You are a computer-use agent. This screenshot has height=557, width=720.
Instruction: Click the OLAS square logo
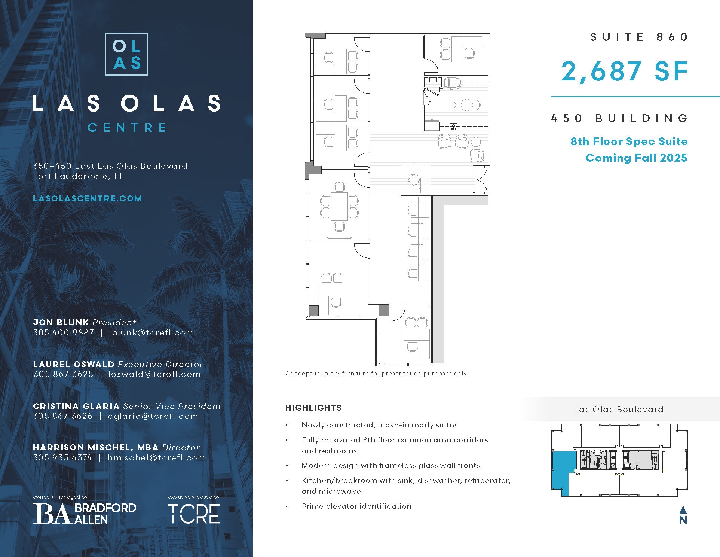point(126,54)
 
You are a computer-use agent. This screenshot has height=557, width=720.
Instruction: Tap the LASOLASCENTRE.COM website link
point(88,198)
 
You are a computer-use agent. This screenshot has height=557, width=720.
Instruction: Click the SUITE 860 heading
point(639,37)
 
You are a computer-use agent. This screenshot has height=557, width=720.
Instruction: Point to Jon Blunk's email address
point(151,332)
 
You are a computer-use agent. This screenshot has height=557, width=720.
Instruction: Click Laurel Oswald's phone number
point(63,374)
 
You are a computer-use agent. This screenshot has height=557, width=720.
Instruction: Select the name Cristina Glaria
point(76,406)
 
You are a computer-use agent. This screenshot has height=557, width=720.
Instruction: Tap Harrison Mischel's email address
point(156,457)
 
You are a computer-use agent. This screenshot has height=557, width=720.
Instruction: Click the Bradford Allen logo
point(85,513)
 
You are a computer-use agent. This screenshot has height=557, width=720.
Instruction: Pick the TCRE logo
point(193,514)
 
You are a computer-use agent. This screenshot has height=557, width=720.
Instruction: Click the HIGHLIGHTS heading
point(313,408)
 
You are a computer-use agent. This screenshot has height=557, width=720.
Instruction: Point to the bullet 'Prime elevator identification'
point(356,506)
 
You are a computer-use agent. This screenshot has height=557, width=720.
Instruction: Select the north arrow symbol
point(683,515)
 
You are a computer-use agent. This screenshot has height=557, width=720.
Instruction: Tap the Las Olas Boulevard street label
point(618,409)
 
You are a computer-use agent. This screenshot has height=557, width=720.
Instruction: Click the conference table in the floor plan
point(339,206)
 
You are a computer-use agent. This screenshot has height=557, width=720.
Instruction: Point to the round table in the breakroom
point(467,105)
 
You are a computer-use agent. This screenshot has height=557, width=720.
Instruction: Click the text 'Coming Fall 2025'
point(636,158)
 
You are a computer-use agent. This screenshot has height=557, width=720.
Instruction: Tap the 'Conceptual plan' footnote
point(376,374)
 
